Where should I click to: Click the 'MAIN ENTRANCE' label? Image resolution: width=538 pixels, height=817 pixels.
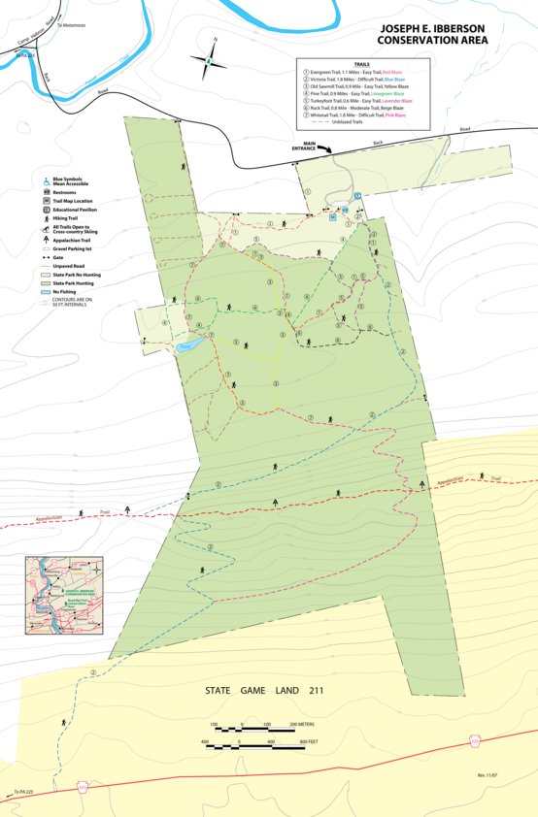pos(310,146)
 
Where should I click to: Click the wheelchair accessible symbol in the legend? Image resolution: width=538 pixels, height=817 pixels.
pos(46,180)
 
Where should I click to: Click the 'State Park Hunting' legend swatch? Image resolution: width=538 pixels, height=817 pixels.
pos(46,282)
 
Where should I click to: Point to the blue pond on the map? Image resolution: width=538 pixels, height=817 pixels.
pos(189,344)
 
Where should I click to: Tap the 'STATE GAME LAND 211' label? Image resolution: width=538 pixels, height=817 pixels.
pos(264,692)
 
